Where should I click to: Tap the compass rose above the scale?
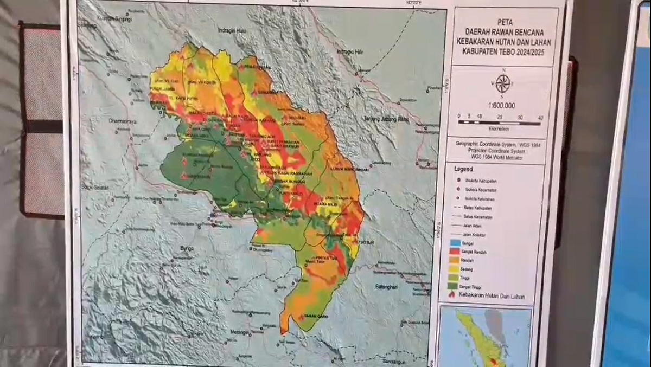[503, 83]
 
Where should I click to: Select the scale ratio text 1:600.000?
[502, 106]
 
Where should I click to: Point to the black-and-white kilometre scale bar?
[499, 123]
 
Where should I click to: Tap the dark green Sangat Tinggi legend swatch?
[453, 286]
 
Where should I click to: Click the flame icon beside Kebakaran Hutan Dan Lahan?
[452, 295]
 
